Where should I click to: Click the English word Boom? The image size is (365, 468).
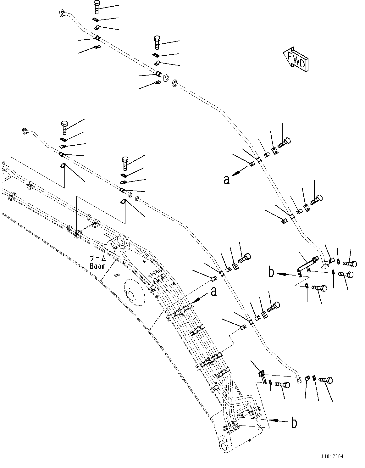point(98,266)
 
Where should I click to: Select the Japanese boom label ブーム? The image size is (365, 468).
point(98,258)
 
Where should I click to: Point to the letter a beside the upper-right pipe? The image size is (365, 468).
point(226,180)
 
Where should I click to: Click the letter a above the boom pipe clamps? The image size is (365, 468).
point(213,292)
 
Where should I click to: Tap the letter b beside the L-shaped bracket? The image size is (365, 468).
point(271,272)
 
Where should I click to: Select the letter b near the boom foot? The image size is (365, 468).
point(294,423)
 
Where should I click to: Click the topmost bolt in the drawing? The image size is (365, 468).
point(97,7)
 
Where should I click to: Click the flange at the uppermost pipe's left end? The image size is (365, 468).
point(61,13)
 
